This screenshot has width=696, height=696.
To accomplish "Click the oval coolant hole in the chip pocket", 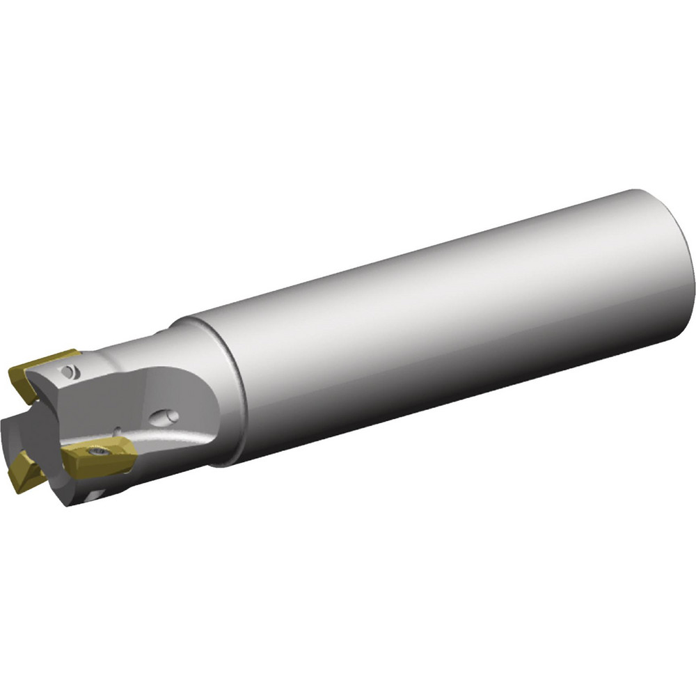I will (x=167, y=417).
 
